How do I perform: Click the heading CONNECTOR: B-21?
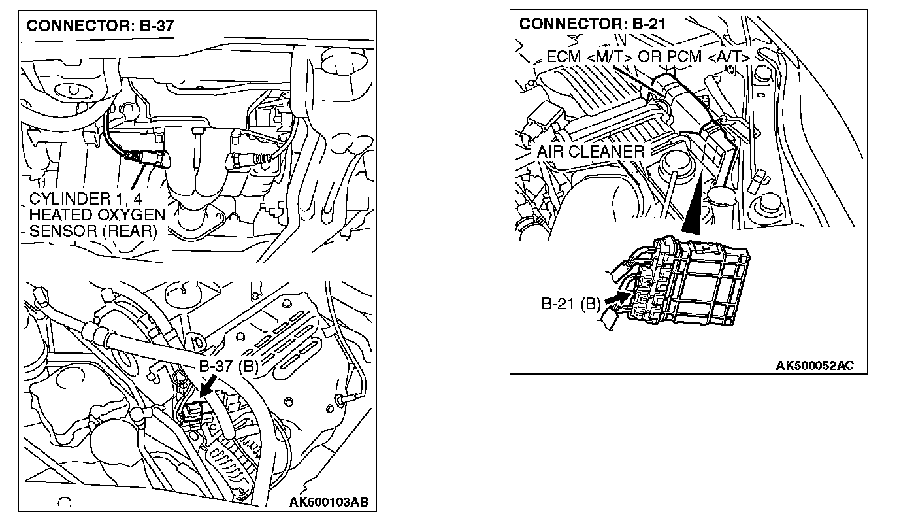(x=592, y=24)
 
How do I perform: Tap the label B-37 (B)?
(x=229, y=367)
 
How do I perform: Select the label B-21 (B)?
(x=570, y=304)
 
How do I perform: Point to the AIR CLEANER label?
(x=590, y=152)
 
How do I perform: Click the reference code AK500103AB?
(x=329, y=502)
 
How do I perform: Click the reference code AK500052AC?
(x=815, y=365)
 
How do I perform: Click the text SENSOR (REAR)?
(x=93, y=231)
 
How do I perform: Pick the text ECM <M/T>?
(x=589, y=57)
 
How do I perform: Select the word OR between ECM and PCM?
(x=649, y=57)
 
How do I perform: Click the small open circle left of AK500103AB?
(x=64, y=503)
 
